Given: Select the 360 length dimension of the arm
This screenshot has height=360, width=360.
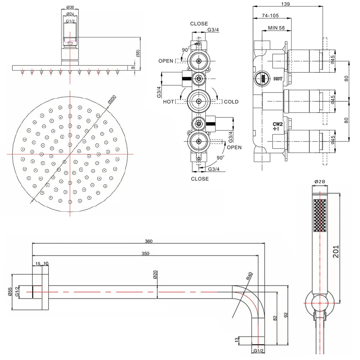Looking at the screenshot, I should [148, 241].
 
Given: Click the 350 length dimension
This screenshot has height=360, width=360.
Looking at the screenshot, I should [145, 253].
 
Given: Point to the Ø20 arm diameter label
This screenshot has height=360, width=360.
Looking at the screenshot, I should [155, 275].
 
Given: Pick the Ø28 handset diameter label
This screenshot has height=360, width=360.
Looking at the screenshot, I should [319, 182].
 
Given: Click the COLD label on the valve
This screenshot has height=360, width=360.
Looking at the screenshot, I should [231, 102].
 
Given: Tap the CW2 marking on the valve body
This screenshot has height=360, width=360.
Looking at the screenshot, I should [277, 123].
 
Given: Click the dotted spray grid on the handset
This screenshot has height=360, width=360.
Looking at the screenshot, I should [319, 216].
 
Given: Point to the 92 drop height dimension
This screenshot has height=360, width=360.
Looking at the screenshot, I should [286, 315].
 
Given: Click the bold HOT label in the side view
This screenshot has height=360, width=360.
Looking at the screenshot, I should [278, 79].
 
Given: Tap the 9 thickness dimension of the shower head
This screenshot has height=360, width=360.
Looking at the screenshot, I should [133, 68].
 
